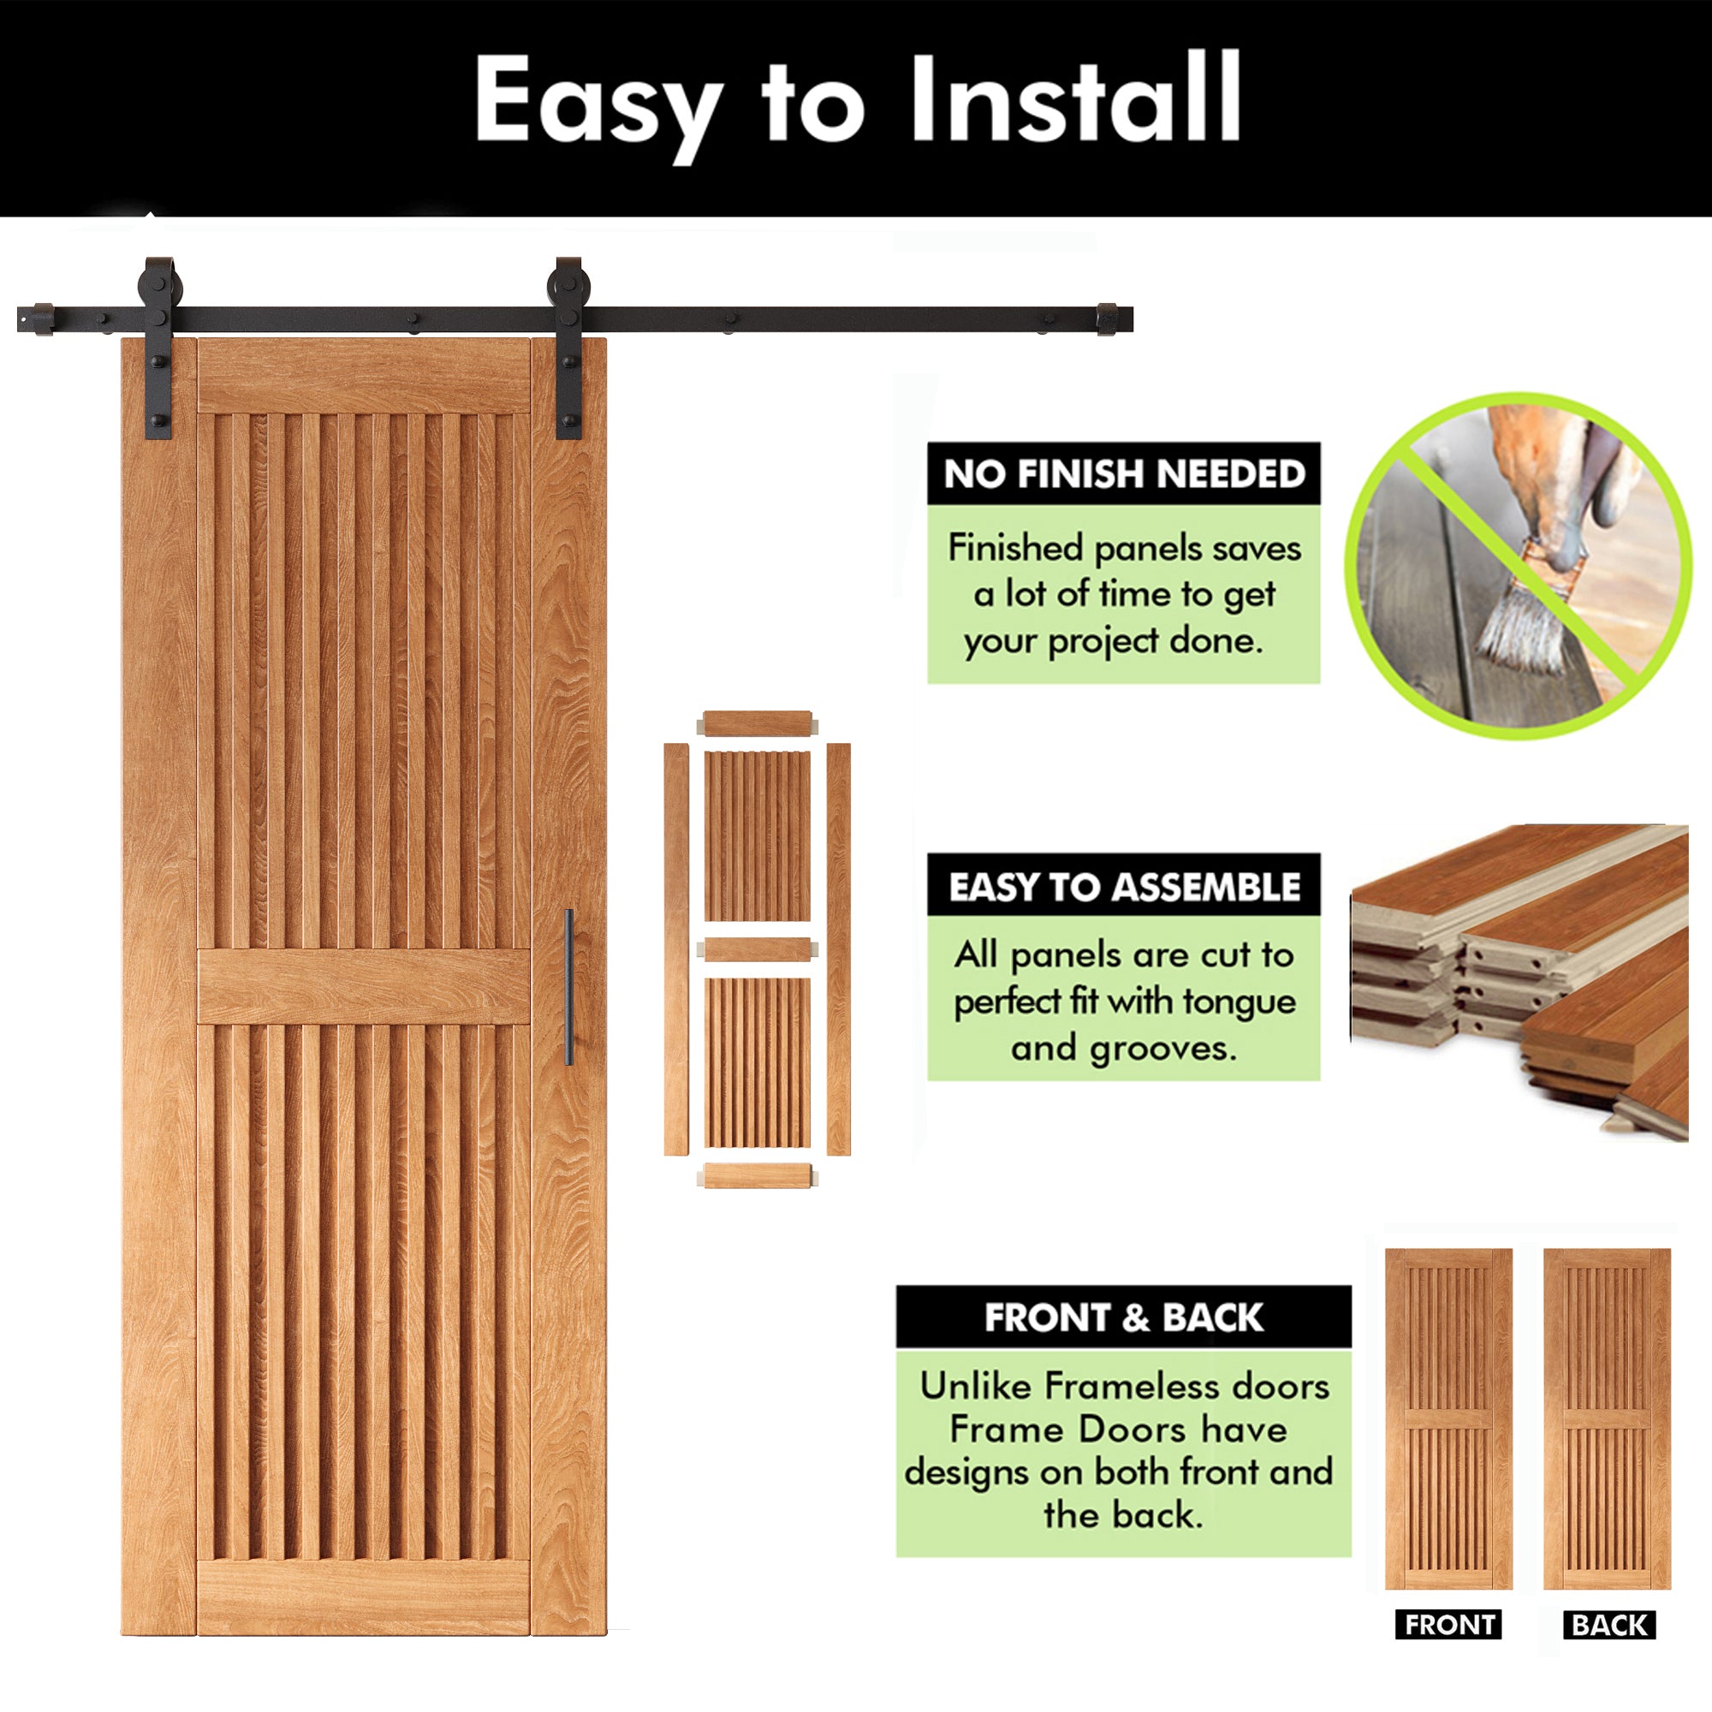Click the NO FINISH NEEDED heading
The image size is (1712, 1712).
pyautogui.click(x=1124, y=474)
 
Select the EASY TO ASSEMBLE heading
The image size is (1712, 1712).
pyautogui.click(x=1124, y=887)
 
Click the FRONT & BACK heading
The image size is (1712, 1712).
pyautogui.click(x=1124, y=1317)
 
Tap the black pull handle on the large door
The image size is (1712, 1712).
pyautogui.click(x=569, y=987)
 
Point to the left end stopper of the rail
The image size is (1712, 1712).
pyautogui.click(x=39, y=319)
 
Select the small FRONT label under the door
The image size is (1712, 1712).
pyautogui.click(x=1449, y=1626)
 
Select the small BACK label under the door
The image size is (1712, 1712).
pyautogui.click(x=1608, y=1626)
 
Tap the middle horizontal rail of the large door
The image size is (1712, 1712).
pyautogui.click(x=363, y=986)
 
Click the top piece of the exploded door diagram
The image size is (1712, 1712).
pyautogui.click(x=758, y=723)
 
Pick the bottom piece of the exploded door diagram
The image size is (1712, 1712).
pyautogui.click(x=758, y=1176)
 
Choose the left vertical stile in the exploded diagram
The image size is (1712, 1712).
pyautogui.click(x=676, y=949)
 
